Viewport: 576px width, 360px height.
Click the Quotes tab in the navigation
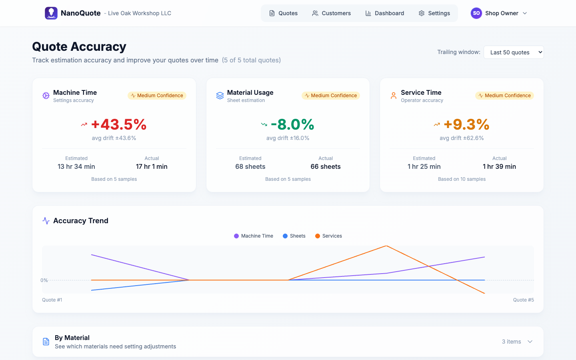283,13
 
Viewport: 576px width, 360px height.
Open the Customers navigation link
331,13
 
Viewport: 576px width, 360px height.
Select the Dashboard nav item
384,13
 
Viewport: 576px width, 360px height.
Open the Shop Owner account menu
499,13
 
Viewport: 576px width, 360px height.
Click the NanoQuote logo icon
51,13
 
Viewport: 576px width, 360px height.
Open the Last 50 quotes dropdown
513,52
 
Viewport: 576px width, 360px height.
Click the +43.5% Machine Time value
119,124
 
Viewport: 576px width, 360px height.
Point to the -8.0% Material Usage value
292,124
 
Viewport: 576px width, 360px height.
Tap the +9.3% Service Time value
466,124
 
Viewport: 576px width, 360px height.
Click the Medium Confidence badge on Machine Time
157,96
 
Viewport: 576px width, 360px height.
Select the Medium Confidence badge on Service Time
504,96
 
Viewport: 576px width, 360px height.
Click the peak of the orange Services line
386,246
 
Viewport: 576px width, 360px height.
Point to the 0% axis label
44,280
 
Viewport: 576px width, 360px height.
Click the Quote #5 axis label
523,300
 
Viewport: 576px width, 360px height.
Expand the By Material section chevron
530,342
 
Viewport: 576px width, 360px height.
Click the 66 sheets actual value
326,167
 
